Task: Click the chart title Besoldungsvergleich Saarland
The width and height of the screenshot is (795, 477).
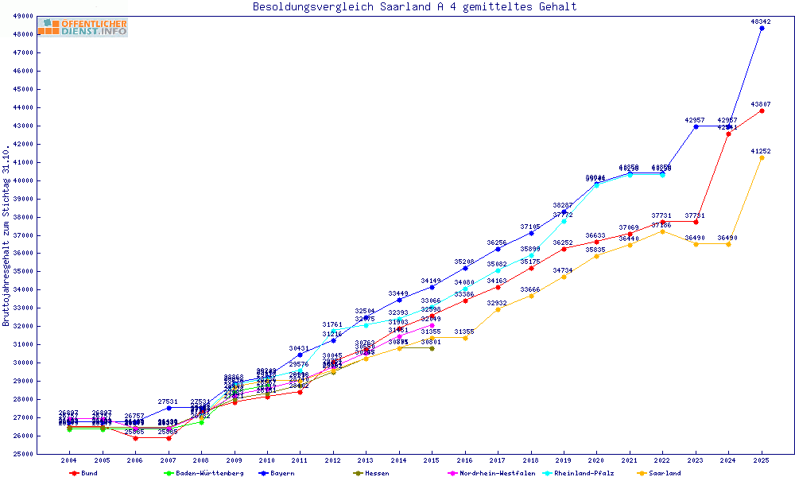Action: tap(414, 7)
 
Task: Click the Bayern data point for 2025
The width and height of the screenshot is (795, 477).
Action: tap(762, 29)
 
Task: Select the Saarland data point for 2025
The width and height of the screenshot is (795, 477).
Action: tap(762, 157)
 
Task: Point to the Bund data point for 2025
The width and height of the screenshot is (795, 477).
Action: tap(762, 111)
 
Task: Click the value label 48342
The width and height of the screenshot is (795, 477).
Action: tap(761, 21)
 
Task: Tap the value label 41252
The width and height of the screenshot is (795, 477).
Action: tap(761, 151)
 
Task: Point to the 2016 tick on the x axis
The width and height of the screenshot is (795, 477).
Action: tap(465, 460)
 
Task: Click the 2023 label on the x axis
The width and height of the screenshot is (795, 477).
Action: tap(696, 460)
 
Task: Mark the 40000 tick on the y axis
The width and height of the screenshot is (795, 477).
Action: tap(23, 180)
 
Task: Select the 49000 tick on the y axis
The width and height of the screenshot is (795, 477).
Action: tap(23, 16)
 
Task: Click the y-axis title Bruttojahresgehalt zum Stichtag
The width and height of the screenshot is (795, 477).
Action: tap(7, 235)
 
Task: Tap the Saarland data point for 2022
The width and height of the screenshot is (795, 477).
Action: tap(662, 231)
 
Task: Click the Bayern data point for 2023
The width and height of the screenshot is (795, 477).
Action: tap(696, 126)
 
